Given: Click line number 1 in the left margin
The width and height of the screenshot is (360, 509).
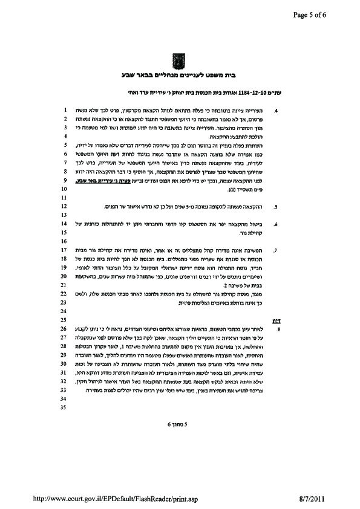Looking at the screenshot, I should coord(64,111).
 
